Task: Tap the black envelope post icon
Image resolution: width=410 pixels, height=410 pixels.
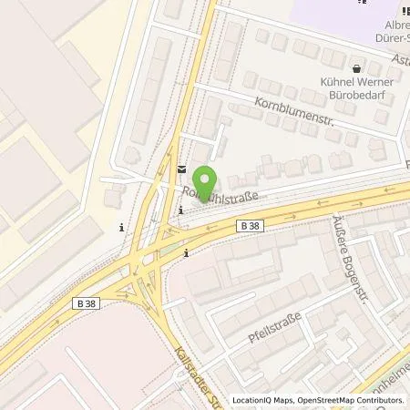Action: tap(181, 169)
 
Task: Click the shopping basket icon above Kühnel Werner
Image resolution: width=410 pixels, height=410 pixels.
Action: tap(357, 67)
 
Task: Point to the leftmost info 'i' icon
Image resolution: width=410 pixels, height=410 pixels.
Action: tap(121, 228)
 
